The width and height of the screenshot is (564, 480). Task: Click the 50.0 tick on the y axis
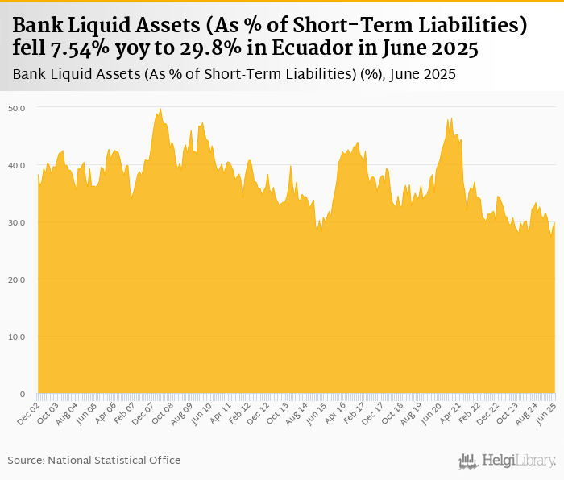coord(16,108)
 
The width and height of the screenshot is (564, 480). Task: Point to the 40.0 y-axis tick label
coord(16,165)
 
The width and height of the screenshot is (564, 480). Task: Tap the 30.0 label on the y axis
coord(16,222)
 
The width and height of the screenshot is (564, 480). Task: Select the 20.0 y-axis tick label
coord(16,279)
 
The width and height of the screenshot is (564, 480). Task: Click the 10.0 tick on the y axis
coord(16,337)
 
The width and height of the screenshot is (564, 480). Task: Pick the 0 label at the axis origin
coord(23,394)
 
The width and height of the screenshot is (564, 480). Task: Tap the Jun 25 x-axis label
coord(547,412)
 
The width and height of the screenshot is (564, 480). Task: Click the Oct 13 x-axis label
coord(279,412)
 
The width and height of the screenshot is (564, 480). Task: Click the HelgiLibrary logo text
coord(518,461)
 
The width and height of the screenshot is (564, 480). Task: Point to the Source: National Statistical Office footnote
coord(94,460)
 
